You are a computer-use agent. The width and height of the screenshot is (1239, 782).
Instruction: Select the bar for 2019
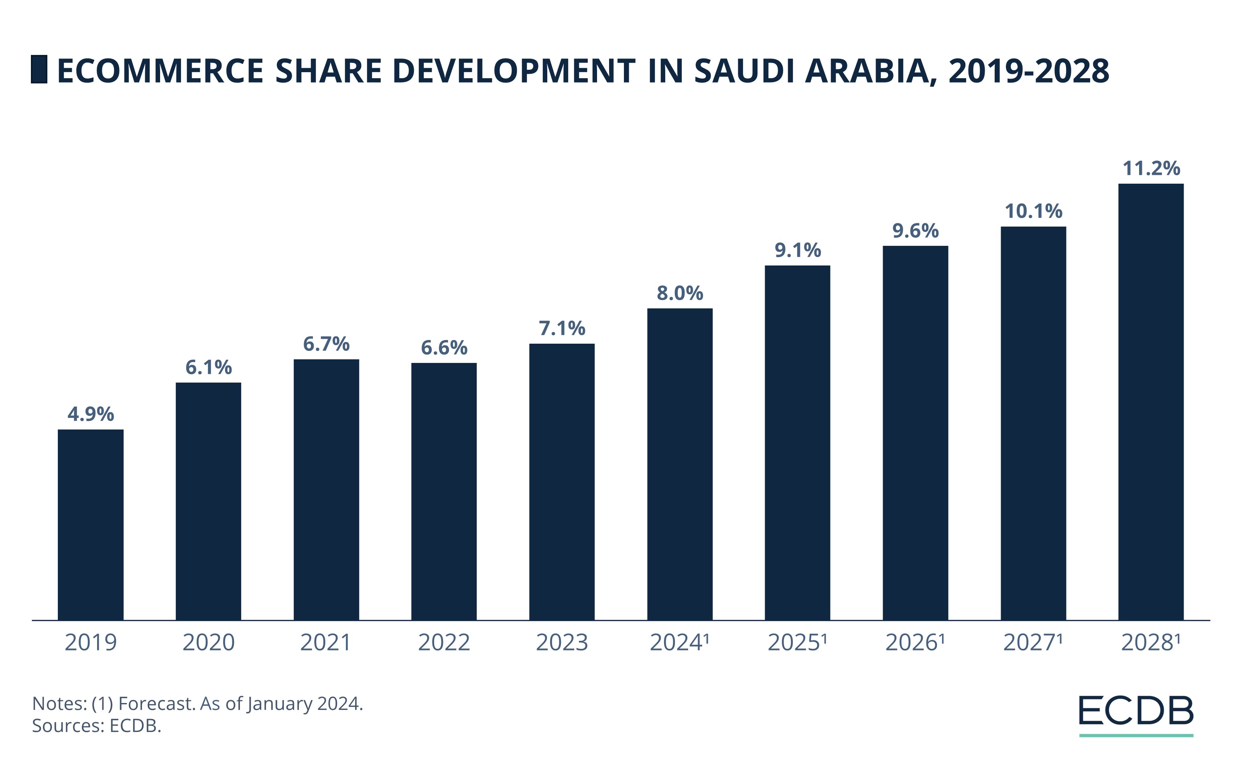pos(91,525)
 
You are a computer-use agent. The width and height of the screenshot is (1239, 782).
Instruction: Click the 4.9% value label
pos(91,414)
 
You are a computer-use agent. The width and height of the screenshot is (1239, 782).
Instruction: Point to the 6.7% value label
pos(326,343)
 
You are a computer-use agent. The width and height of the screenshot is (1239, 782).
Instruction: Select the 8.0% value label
pos(680,293)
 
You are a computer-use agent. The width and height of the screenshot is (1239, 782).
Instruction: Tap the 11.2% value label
pos(1151,168)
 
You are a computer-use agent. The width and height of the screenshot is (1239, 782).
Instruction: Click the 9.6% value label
pos(915,230)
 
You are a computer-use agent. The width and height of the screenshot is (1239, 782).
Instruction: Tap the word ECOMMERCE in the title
pos(160,71)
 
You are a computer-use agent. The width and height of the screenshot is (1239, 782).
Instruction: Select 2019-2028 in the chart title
pos(1029,71)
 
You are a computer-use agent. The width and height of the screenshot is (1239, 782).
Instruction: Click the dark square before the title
pos(39,69)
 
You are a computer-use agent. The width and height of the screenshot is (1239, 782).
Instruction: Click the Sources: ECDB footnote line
pos(97,725)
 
